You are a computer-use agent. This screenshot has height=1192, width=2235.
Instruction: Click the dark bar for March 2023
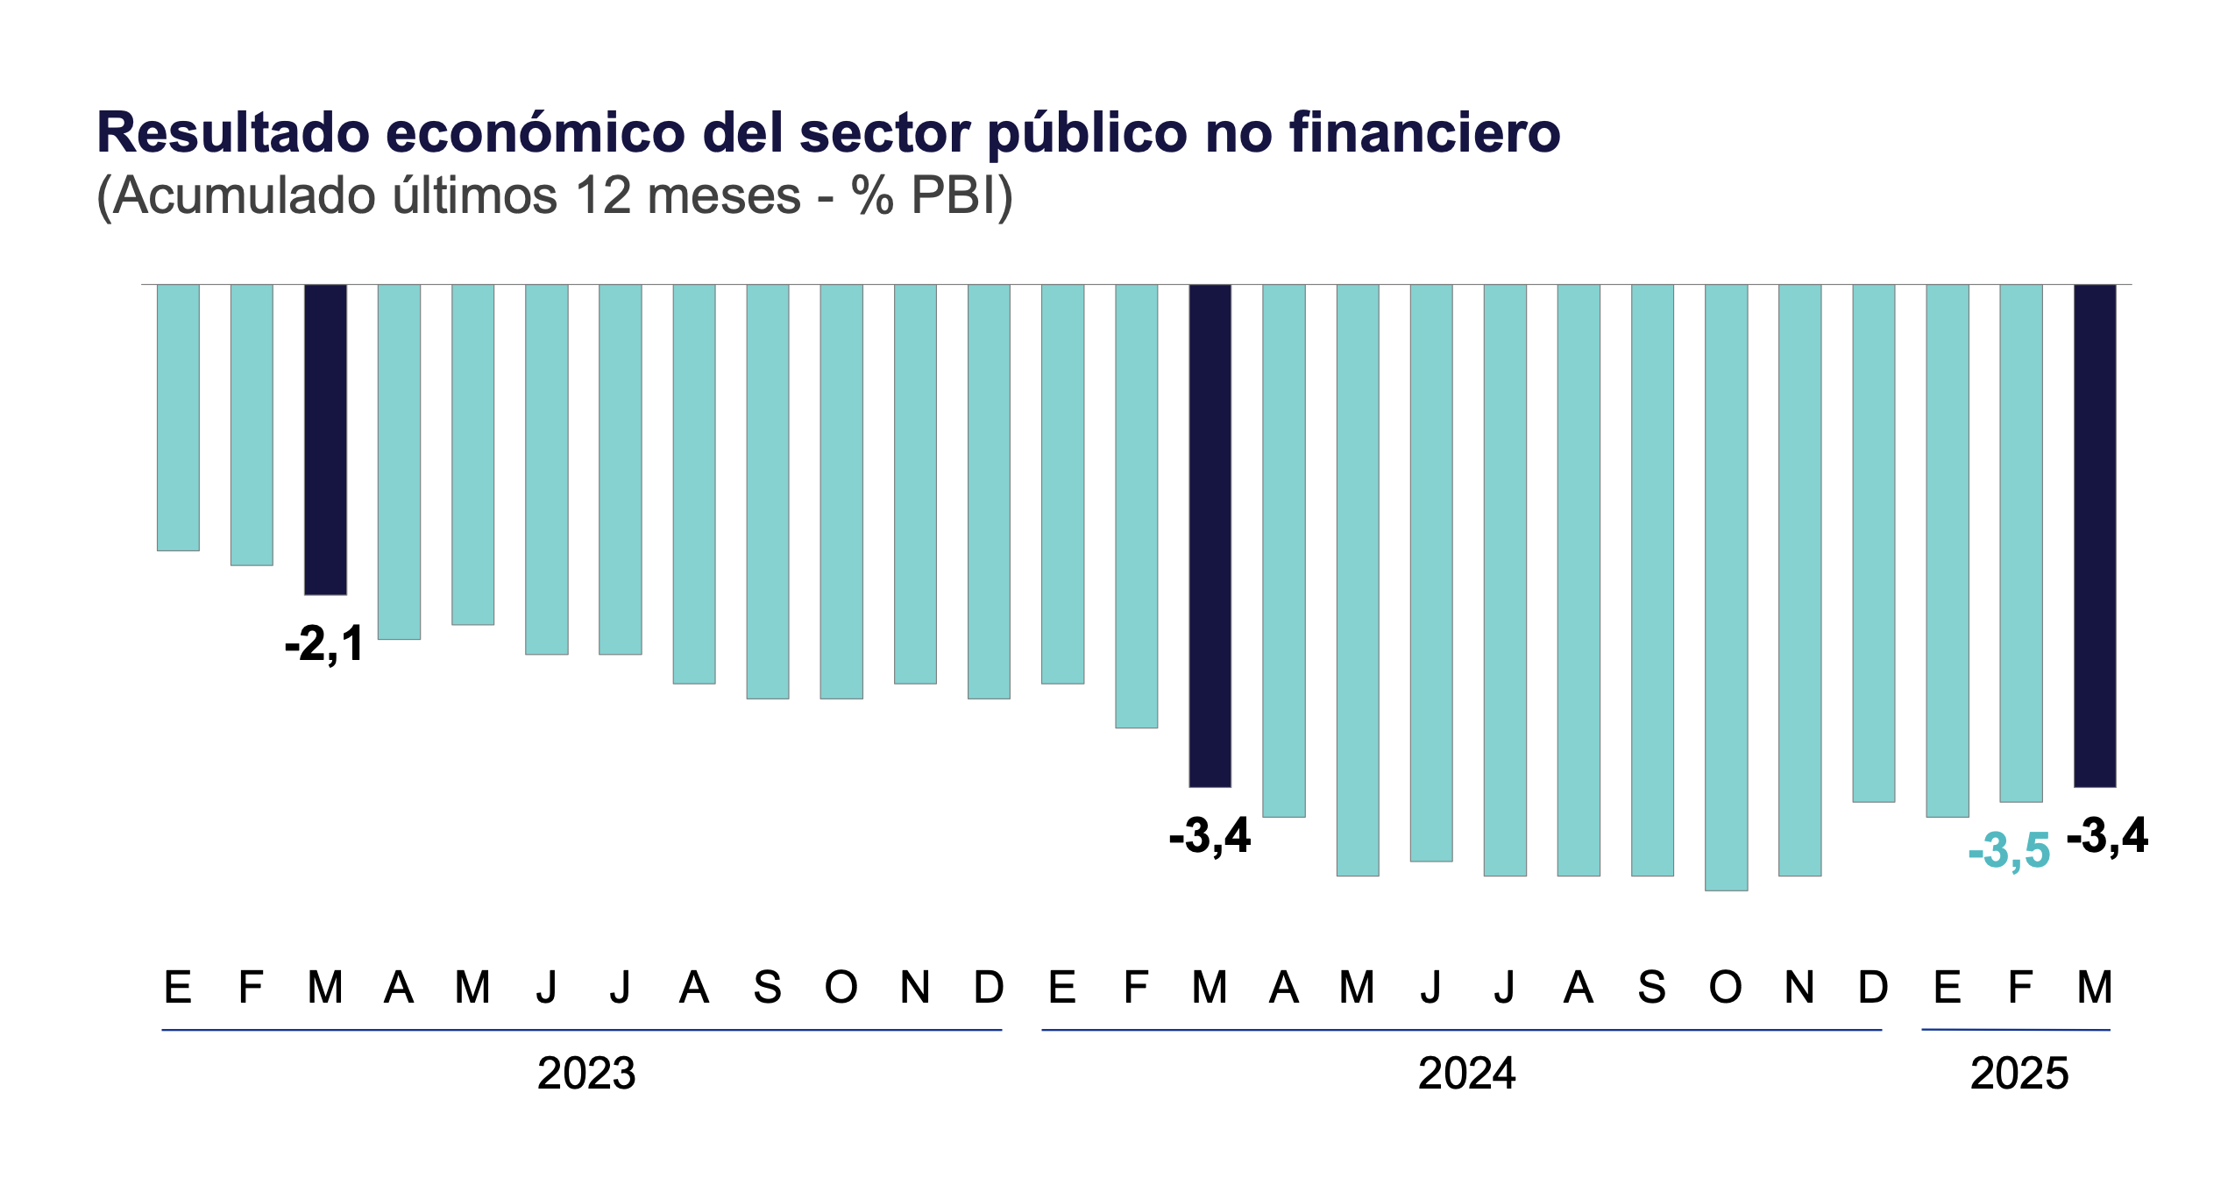[x=325, y=439]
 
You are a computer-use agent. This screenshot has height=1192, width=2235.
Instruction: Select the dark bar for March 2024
[x=1210, y=536]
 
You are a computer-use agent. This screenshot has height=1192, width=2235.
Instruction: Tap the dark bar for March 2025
[x=2095, y=536]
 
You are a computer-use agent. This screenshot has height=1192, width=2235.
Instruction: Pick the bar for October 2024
[x=1726, y=587]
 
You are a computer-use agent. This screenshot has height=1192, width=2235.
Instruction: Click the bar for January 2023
[x=178, y=417]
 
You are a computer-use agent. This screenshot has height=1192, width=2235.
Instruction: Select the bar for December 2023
[x=989, y=491]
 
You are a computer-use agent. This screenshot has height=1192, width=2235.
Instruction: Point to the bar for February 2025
[x=2021, y=543]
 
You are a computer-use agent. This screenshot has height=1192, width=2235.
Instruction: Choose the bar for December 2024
[x=1874, y=543]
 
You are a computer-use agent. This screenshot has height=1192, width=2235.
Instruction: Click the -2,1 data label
[x=324, y=645]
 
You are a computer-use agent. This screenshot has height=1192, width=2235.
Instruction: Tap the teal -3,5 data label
[x=2009, y=851]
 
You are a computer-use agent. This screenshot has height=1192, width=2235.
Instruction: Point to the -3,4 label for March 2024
[x=1210, y=836]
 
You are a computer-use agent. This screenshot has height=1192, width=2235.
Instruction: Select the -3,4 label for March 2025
[x=2107, y=836]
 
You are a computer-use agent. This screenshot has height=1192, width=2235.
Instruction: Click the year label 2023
[x=586, y=1074]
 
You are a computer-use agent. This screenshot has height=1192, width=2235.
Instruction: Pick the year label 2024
[x=1467, y=1074]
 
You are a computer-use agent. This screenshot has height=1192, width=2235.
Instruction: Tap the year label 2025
[x=2019, y=1074]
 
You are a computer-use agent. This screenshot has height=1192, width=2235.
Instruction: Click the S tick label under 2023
[x=768, y=988]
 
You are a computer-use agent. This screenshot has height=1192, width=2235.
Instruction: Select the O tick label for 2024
[x=1726, y=988]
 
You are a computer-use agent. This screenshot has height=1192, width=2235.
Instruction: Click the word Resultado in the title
[x=233, y=133]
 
